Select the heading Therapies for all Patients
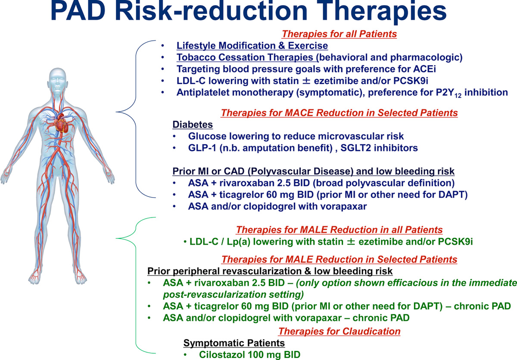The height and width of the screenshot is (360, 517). [339, 34]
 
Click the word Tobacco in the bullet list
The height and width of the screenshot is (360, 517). [196, 57]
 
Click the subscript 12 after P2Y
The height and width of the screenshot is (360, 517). [458, 95]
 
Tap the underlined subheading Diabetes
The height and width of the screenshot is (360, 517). [193, 125]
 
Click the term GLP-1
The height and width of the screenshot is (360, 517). [202, 148]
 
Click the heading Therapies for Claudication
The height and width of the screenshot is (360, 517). [339, 332]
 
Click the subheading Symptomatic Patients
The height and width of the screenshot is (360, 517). [234, 343]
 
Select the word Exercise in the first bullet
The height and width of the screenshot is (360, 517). [308, 46]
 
